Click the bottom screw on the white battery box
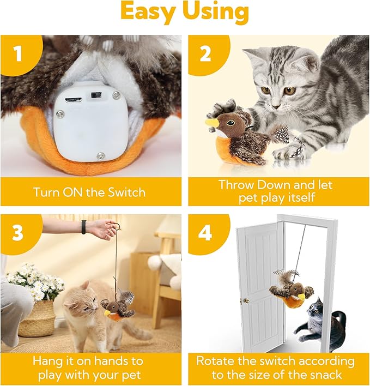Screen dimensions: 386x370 tap(100, 156)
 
